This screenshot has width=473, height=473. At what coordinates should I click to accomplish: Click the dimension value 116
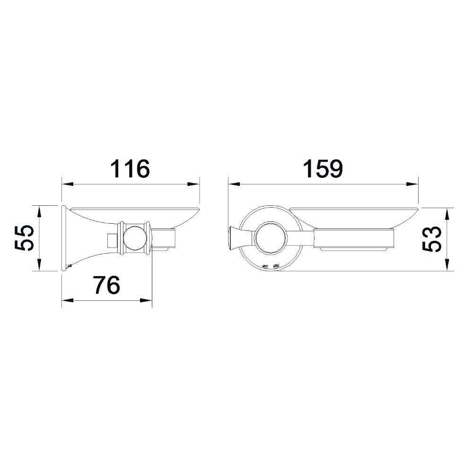130,169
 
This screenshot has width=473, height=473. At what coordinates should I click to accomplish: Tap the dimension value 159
323,169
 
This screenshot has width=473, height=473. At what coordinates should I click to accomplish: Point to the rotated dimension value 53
432,239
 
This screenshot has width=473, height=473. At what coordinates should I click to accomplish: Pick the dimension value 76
107,285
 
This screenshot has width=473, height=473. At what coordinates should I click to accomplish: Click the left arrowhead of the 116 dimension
68,184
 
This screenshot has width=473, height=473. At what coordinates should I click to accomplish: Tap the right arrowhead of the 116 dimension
193,184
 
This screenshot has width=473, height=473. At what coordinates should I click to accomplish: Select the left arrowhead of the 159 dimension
234,184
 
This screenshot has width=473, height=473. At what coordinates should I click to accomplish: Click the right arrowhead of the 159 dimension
412,184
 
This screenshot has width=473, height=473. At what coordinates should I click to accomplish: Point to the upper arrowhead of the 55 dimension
39,211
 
